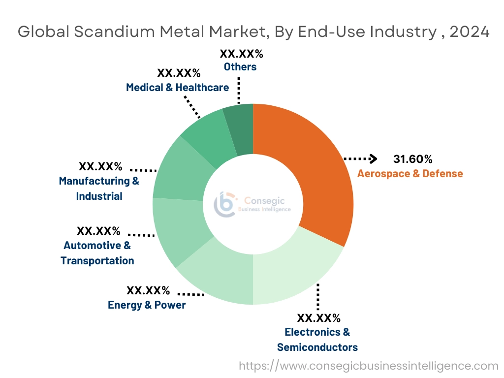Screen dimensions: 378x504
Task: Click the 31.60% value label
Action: coord(412,159)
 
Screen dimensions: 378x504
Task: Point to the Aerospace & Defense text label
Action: coord(409,174)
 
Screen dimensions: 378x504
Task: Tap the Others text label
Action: coord(240,67)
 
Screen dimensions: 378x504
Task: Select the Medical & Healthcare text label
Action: coord(177,88)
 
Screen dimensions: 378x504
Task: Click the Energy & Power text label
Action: coord(147,305)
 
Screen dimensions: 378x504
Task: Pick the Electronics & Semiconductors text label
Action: coord(317,340)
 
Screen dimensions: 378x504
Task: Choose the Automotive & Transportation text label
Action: coord(97,253)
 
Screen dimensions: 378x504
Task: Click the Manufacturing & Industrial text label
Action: coord(99,189)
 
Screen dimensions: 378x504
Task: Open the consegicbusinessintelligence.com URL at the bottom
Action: coord(369,366)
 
